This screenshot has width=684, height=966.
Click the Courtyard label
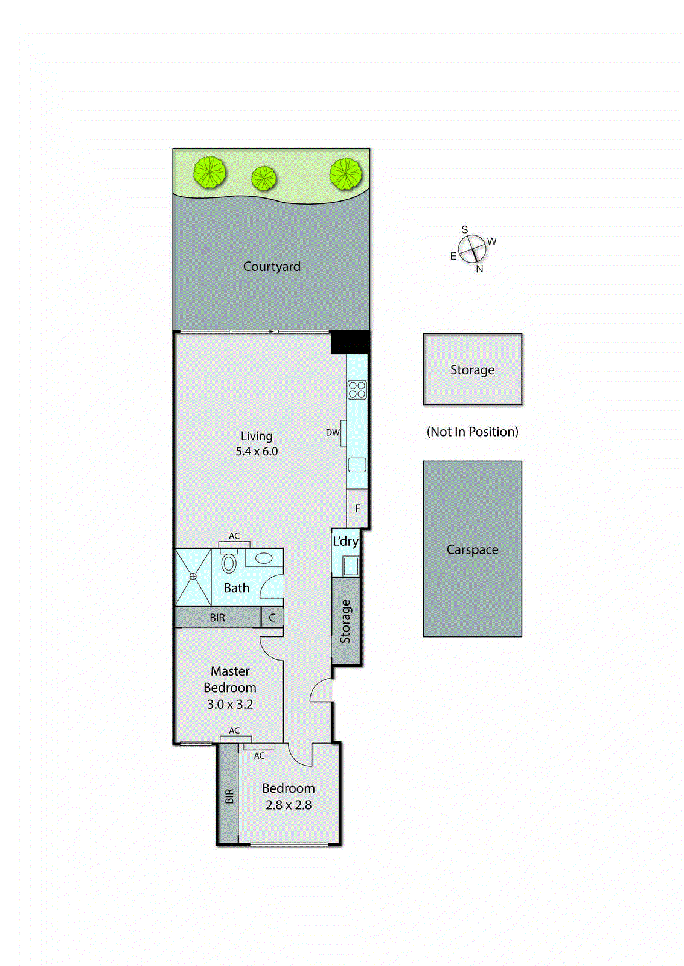[x=272, y=266]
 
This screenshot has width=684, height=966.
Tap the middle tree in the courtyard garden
[x=264, y=178]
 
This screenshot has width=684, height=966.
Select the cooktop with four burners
[x=357, y=389]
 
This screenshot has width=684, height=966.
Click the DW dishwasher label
[x=333, y=432]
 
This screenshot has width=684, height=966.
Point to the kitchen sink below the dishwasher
[x=357, y=464]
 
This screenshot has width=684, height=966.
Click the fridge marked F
[x=357, y=508]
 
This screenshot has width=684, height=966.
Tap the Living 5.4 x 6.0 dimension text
[x=257, y=451]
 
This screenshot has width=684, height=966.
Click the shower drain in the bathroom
[x=193, y=577]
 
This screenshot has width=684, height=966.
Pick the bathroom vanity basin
[x=264, y=558]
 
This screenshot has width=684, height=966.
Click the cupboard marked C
[x=272, y=618]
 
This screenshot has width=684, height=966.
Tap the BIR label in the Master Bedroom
[x=217, y=618]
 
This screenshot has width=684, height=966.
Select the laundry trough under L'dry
[x=350, y=566]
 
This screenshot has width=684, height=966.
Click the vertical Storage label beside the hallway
[x=345, y=621]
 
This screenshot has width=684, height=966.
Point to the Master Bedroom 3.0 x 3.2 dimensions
[x=230, y=704]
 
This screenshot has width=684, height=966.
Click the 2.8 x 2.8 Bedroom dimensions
[x=289, y=805]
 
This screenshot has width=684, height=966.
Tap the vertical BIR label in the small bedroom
[x=229, y=796]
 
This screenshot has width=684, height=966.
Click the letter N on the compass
[x=479, y=269]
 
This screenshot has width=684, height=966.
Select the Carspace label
[x=472, y=549]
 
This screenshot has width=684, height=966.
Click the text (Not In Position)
[x=472, y=432]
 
